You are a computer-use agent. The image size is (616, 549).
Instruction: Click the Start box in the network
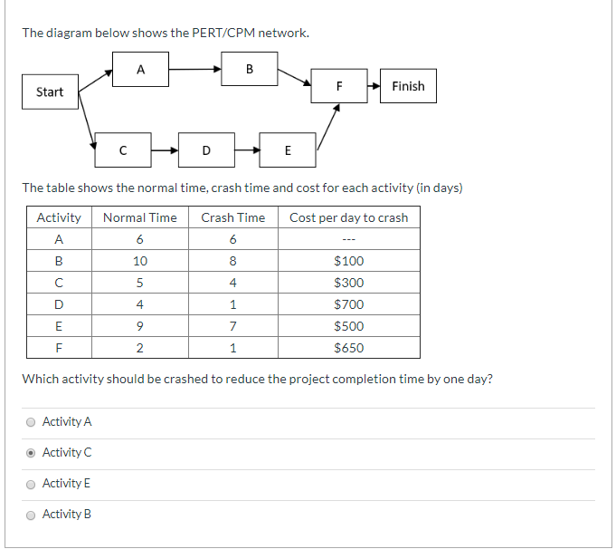click(50, 91)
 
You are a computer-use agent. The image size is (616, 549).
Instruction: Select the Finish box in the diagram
click(408, 86)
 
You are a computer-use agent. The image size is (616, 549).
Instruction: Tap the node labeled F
click(339, 87)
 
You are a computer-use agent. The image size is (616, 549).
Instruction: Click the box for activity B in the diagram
click(250, 68)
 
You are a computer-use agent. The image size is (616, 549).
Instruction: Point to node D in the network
click(206, 149)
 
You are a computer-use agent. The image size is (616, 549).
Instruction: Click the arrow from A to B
click(195, 68)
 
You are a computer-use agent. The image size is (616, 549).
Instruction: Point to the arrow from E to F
click(327, 126)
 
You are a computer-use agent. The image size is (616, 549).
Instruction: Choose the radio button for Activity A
click(32, 422)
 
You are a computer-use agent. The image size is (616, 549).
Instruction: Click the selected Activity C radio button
click(32, 453)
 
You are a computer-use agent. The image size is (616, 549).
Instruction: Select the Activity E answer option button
click(32, 484)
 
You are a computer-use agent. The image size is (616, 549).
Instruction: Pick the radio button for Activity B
click(32, 515)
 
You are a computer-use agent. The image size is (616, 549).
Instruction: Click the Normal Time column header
click(140, 217)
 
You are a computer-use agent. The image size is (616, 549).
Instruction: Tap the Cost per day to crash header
click(349, 217)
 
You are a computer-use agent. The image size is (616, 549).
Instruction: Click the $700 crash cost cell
click(349, 304)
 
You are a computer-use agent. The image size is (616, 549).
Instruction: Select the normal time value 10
click(140, 261)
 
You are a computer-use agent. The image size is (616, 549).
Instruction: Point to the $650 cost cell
click(349, 348)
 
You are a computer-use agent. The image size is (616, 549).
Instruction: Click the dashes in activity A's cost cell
click(349, 239)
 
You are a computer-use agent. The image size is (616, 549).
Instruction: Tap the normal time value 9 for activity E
click(140, 326)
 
